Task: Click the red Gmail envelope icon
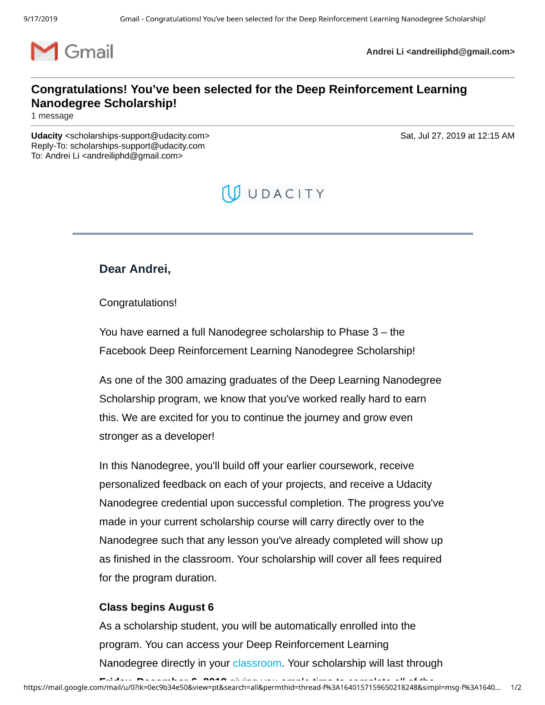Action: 45,51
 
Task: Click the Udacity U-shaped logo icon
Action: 231,194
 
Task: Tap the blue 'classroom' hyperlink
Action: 257,663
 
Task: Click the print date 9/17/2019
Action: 40,19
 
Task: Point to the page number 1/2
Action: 516,687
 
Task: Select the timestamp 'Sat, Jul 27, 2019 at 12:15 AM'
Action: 457,136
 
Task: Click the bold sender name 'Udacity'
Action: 47,136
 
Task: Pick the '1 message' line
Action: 52,116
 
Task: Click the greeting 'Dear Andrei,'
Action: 135,269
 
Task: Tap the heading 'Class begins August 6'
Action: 156,607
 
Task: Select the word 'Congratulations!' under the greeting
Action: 138,303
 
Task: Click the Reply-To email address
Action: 137,146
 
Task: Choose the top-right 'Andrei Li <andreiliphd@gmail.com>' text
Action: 440,52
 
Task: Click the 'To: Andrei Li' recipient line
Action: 107,156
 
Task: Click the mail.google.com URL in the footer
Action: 262,687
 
